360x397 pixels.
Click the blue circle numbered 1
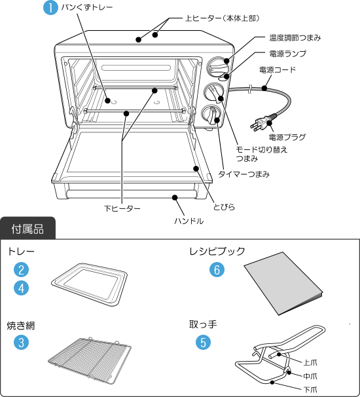[x=50, y=7]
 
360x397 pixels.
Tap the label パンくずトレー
[x=87, y=7]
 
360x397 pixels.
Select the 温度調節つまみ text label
[x=295, y=38]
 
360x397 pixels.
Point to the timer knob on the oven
[x=211, y=115]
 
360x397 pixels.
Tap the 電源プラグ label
[x=287, y=138]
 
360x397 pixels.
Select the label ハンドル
[x=189, y=221]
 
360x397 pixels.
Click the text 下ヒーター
[x=122, y=208]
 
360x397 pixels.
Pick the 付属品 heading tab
[x=28, y=229]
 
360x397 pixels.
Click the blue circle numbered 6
[x=217, y=270]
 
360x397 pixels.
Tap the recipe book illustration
[x=283, y=284]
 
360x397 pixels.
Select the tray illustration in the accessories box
[x=90, y=284]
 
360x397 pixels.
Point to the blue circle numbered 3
[x=21, y=343]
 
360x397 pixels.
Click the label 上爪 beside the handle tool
[x=310, y=362]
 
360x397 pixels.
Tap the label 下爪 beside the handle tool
[x=310, y=390]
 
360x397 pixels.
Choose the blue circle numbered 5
[x=203, y=343]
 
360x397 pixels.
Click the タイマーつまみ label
[x=243, y=174]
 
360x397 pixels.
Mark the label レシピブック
[x=217, y=252]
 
